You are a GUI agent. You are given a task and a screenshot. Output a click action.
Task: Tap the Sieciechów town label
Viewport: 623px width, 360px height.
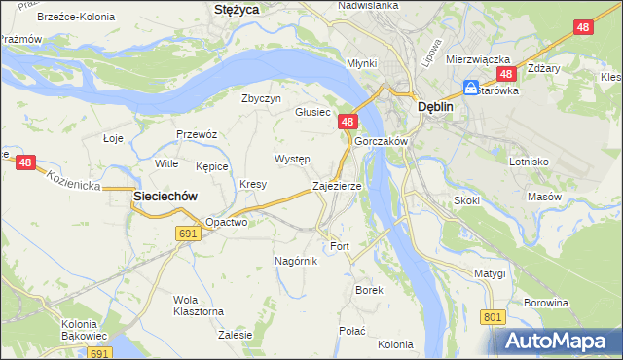165,196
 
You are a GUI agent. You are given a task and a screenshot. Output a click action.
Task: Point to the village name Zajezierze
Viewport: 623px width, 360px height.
337,185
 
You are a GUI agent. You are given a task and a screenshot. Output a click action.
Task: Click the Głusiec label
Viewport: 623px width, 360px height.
313,112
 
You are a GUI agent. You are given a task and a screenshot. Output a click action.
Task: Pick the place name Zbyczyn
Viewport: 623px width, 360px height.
261,98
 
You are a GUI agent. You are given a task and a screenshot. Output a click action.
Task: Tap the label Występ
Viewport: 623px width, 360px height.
292,159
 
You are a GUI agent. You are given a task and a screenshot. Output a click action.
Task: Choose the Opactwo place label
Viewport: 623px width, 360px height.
227,222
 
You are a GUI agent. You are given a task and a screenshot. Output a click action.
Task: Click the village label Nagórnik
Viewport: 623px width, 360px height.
296,261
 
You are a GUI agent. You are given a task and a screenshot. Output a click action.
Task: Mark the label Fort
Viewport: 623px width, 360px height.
340,246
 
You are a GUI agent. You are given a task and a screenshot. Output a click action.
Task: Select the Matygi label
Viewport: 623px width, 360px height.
491,273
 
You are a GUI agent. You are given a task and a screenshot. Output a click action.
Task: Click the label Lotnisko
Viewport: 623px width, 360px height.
530,162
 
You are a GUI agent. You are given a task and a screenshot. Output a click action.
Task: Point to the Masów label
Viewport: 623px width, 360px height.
544,197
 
